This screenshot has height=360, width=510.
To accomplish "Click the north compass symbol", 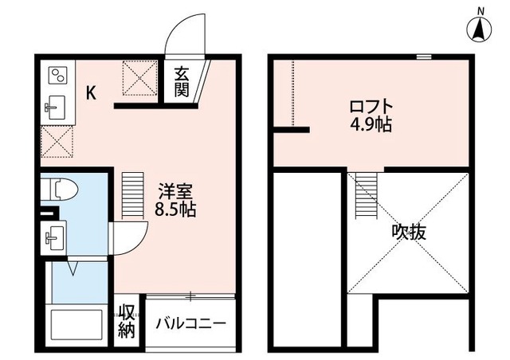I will click(x=481, y=29).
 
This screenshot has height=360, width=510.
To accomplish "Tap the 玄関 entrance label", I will click(x=182, y=80).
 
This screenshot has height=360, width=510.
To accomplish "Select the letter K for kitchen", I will click(x=92, y=93).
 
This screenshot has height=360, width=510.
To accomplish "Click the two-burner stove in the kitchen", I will click(x=57, y=76).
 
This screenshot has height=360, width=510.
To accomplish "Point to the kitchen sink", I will click(x=57, y=108).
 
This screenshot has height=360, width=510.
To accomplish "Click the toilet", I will click(x=63, y=191).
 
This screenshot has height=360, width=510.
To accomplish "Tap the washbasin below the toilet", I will click(x=57, y=236).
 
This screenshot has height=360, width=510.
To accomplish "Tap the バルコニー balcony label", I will click(x=190, y=324).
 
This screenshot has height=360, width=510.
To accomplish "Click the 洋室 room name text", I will click(x=175, y=192).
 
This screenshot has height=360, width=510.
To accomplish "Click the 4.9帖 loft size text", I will click(x=371, y=125).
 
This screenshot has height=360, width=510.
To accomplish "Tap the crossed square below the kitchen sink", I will click(x=57, y=143).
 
